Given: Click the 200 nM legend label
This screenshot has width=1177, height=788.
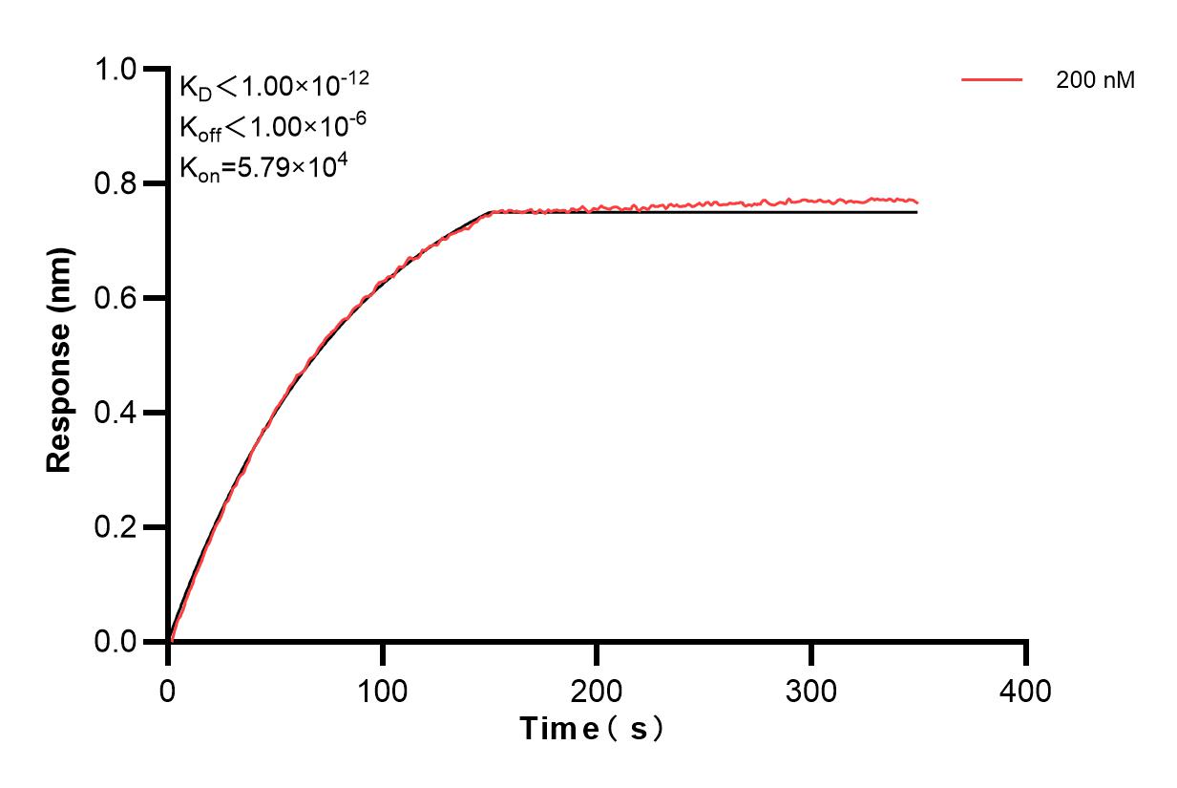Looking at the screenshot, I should click(x=1095, y=81).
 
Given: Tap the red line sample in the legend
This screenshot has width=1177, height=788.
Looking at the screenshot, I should click(x=992, y=81).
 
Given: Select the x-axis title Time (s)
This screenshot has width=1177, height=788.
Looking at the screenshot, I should click(x=592, y=729).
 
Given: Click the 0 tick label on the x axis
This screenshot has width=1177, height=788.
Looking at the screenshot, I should click(x=169, y=689).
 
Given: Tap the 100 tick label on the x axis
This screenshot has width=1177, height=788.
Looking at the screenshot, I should click(x=383, y=689).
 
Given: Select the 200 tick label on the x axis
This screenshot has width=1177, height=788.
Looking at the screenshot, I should click(x=598, y=689).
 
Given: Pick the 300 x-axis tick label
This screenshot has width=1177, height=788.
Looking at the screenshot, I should click(x=811, y=689).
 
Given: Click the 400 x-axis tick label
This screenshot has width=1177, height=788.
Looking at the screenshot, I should click(x=1026, y=689).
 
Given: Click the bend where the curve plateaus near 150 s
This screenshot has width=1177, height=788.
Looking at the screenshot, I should click(x=491, y=212).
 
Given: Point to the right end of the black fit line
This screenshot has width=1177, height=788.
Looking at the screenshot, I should click(x=916, y=212).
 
